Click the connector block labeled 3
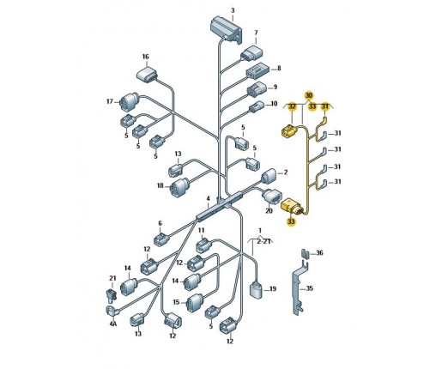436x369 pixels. click(x=226, y=28)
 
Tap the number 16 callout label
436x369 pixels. click(x=146, y=57)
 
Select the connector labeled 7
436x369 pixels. click(x=251, y=53)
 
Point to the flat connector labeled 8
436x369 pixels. click(x=257, y=70)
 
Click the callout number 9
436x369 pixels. click(x=276, y=87)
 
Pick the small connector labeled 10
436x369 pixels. click(x=257, y=106)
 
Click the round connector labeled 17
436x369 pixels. click(x=129, y=101)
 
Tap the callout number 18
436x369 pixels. click(x=160, y=185)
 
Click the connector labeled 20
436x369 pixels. click(x=272, y=197)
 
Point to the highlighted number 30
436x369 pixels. click(x=309, y=95)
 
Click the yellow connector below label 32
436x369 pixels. click(x=289, y=131)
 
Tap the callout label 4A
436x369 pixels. click(x=113, y=324)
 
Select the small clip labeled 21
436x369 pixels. click(x=111, y=294)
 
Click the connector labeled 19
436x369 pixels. click(x=256, y=290)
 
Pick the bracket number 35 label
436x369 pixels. click(x=310, y=288)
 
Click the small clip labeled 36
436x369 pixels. click(x=306, y=254)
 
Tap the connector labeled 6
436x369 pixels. click(x=160, y=239)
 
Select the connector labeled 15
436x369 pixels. click(x=195, y=303)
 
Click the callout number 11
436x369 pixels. click(x=202, y=230)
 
